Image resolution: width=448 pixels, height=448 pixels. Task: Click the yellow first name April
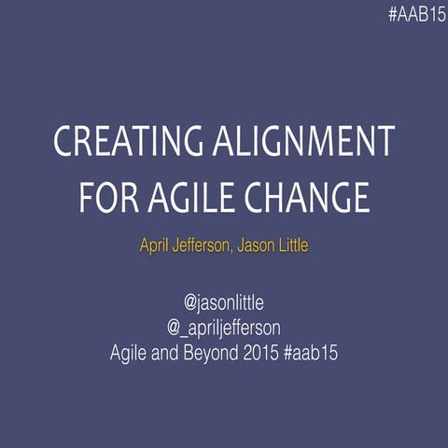pos(158,247)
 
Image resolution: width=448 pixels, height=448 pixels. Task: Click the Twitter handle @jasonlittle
pos(224,302)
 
